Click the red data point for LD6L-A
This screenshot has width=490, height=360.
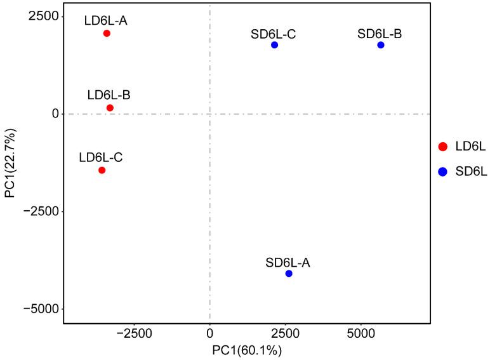107,33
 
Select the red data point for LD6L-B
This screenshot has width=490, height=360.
110,108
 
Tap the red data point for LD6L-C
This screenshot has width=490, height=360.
102,170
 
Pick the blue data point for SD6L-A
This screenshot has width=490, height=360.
289,274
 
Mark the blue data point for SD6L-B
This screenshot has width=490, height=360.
381,45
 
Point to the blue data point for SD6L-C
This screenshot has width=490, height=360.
274,45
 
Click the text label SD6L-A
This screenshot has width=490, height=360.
288,262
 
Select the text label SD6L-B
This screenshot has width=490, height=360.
380,33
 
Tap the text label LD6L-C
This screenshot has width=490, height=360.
101,157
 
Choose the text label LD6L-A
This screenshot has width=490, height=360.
106,20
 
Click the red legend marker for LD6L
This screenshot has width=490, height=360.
443,147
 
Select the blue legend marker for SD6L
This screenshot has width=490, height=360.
443,171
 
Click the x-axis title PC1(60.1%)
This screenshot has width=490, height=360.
247,350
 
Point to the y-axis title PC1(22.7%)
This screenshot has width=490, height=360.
10,163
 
